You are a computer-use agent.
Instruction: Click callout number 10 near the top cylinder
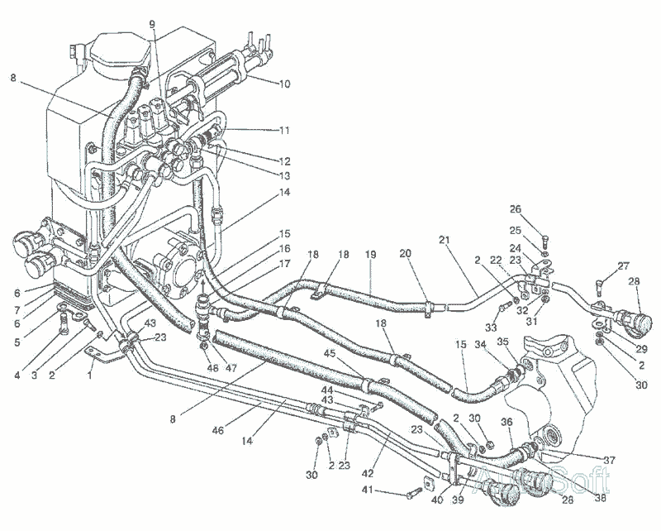pyautogui.click(x=284, y=84)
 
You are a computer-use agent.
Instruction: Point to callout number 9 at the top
pyautogui.click(x=152, y=23)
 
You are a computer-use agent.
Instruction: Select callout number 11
pyautogui.click(x=284, y=130)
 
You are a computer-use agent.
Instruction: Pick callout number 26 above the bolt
pyautogui.click(x=539, y=209)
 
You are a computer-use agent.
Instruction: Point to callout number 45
pyautogui.click(x=330, y=355)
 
